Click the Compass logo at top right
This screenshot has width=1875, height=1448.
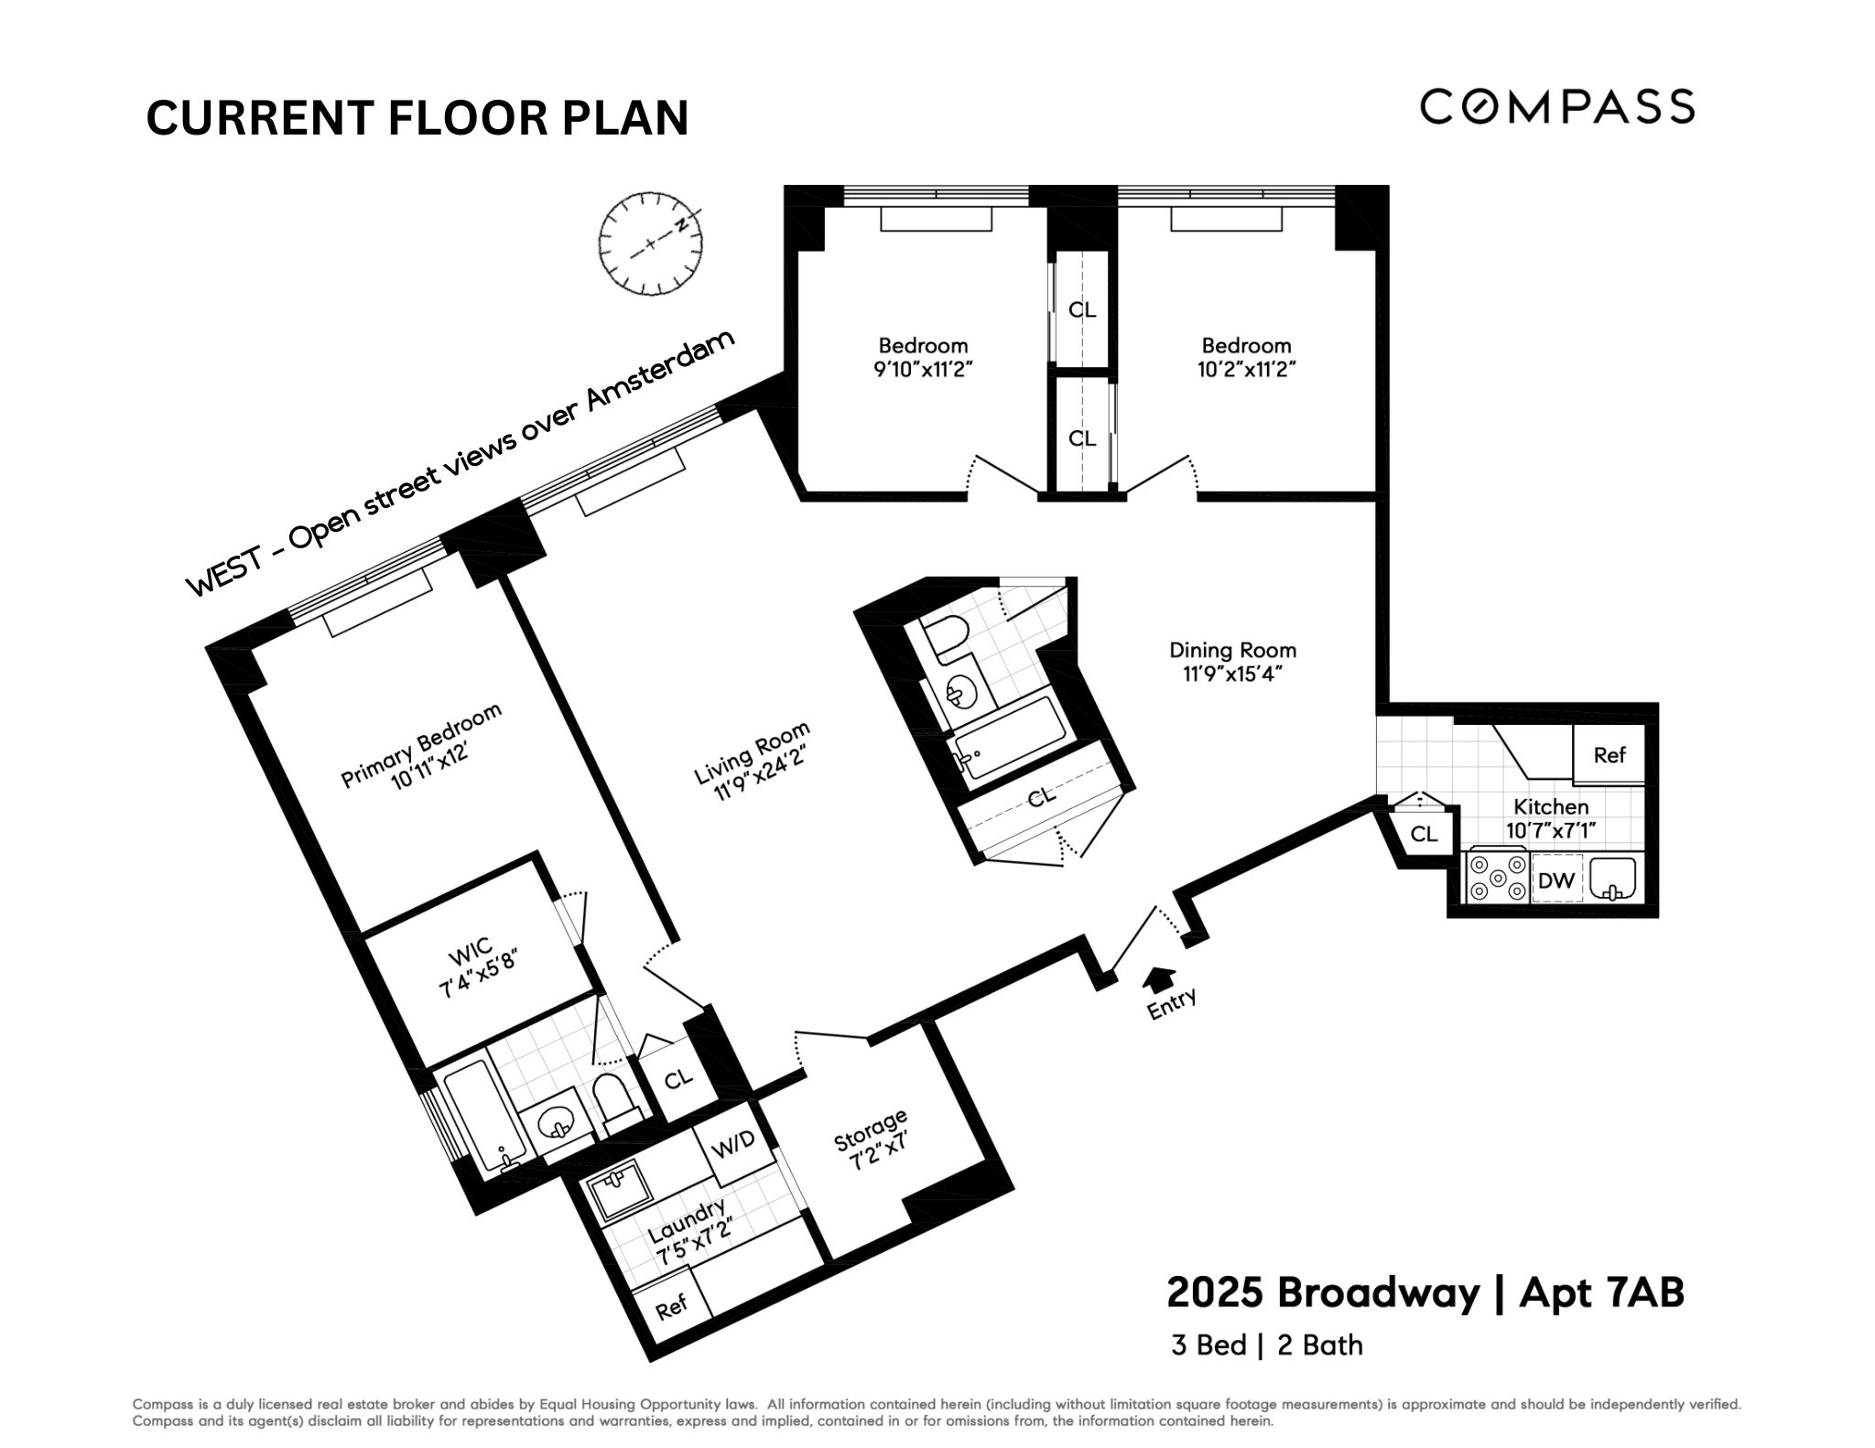[x=1556, y=106]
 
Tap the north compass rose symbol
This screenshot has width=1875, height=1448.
[x=650, y=243]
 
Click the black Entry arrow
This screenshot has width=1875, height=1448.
[x=1160, y=978]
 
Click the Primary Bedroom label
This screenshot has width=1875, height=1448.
[x=422, y=746]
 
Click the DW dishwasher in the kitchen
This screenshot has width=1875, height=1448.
[x=1555, y=881]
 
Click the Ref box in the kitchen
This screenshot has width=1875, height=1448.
[x=1609, y=755]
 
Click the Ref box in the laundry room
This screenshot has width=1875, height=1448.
[x=671, y=1305]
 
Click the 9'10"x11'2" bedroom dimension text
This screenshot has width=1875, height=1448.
[x=923, y=370]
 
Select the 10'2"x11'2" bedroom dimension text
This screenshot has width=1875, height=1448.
[x=1246, y=370]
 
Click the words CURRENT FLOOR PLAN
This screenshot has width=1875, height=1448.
[x=417, y=118]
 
